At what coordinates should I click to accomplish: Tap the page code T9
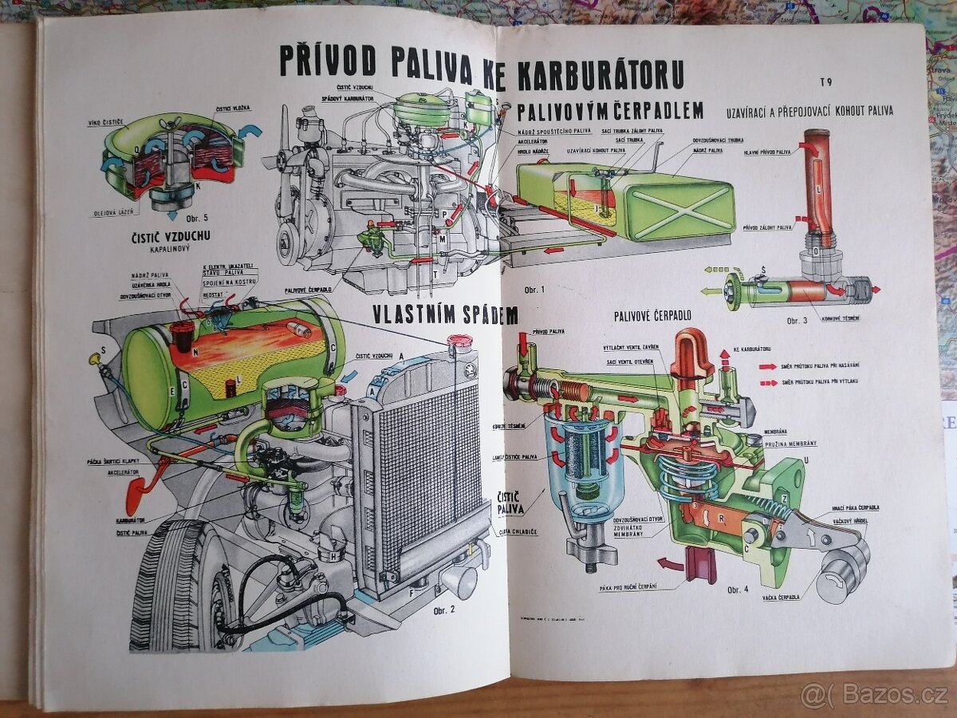(825, 81)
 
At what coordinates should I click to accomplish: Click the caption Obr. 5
(191, 218)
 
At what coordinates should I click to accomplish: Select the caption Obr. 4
(738, 590)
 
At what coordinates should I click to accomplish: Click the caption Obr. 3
(797, 321)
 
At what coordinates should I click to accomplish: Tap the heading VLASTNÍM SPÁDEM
(445, 314)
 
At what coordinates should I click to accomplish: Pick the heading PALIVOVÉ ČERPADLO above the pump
(652, 316)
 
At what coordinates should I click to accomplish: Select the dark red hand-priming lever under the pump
(701, 565)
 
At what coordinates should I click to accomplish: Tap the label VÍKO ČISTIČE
(106, 123)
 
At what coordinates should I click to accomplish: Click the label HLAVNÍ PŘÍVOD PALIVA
(767, 151)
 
